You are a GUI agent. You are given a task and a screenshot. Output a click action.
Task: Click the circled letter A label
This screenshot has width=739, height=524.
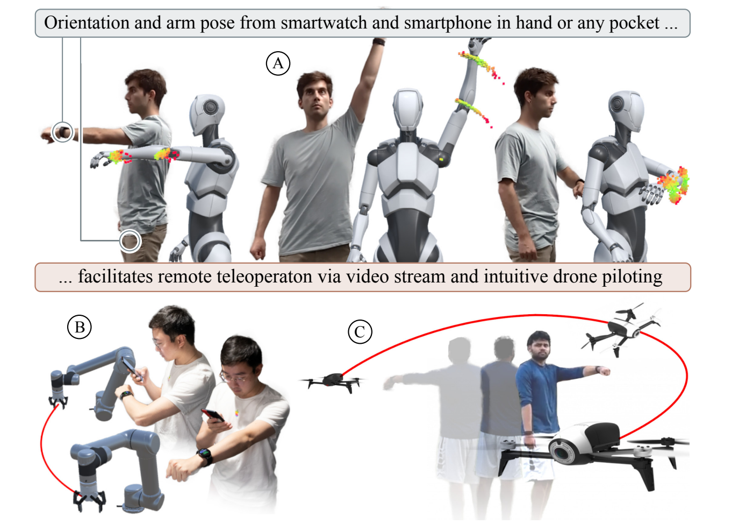(278, 63)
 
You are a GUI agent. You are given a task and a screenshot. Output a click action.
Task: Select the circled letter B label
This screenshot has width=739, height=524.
(80, 327)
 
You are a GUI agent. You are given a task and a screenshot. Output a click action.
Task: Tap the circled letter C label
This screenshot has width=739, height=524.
(360, 331)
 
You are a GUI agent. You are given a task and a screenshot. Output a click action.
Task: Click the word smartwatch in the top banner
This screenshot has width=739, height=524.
(324, 23)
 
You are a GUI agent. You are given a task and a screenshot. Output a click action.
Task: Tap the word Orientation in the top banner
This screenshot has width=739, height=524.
(87, 23)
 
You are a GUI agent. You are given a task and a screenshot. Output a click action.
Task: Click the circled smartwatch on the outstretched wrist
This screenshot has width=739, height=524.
(62, 132)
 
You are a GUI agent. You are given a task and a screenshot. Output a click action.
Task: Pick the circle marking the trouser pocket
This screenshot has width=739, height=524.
(130, 241)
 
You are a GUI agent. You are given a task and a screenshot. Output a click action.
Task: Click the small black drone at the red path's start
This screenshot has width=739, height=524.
(333, 381)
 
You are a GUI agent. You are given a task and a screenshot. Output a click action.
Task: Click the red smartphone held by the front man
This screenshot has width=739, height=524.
(213, 416)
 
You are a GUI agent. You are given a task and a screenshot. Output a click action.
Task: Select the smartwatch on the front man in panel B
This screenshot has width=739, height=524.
(205, 456)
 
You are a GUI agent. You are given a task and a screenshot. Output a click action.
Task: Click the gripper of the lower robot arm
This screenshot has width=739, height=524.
(90, 500)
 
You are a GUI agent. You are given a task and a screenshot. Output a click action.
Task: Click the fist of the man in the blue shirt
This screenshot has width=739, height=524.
(604, 371)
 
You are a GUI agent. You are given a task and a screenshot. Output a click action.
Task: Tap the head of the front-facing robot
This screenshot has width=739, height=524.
(408, 109)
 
